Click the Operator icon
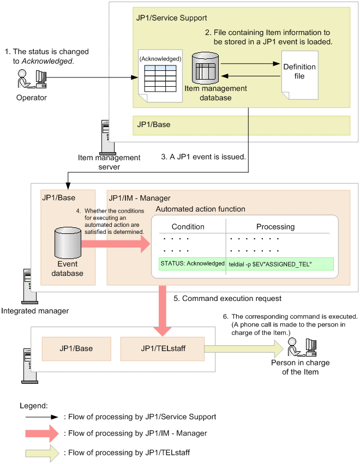30,81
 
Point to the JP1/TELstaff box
162,348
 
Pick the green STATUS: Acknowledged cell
192,264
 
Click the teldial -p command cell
279,264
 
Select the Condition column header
188,226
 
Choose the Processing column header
275,226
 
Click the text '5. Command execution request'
227,299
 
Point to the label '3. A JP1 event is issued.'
203,156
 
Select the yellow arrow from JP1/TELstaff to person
243,348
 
